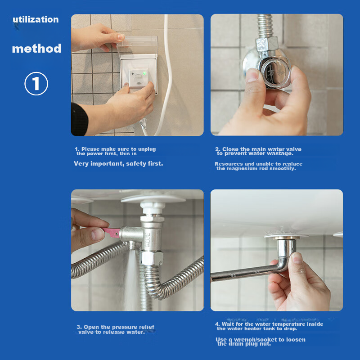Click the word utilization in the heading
(36, 19)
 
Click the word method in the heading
(37, 49)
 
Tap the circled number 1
(36, 84)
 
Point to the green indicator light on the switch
(144, 73)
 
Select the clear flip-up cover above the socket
(137, 46)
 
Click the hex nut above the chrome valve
(267, 44)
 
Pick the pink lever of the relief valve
(112, 232)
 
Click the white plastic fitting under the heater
(153, 208)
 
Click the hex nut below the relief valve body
(152, 258)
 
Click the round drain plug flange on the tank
(286, 235)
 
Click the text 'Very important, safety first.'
(118, 164)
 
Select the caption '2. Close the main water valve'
(258, 149)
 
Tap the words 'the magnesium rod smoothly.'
(256, 168)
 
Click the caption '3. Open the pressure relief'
(116, 327)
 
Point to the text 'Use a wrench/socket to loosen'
(261, 340)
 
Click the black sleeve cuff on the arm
(79, 119)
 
